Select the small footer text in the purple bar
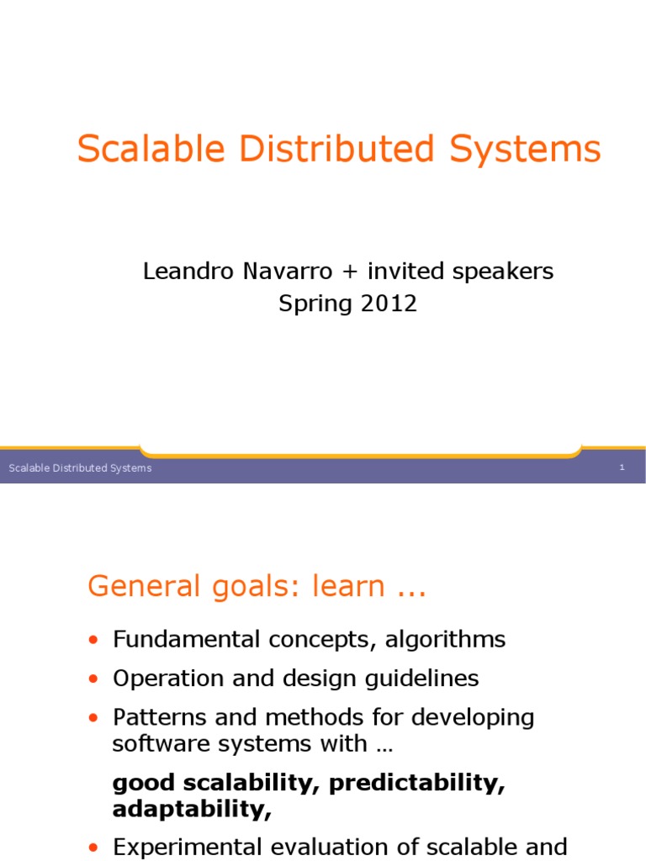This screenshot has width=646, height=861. point(80,468)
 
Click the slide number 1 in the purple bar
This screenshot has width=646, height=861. point(622,467)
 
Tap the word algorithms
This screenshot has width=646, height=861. point(446,641)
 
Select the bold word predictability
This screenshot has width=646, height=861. point(417,784)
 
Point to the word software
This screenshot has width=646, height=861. point(155,744)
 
